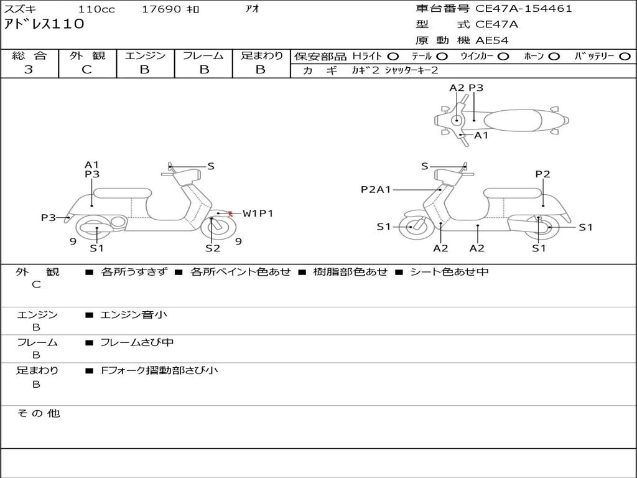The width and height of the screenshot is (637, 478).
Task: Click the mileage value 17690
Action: pyautogui.click(x=161, y=9)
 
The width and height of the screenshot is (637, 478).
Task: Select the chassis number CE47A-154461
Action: pyautogui.click(x=523, y=9)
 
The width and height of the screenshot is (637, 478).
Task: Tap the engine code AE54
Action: pyautogui.click(x=492, y=40)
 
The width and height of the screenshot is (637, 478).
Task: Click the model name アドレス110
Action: pyautogui.click(x=44, y=25)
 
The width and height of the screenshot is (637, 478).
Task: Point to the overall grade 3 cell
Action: pyautogui.click(x=29, y=70)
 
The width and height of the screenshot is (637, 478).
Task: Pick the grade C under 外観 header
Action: pyautogui.click(x=87, y=70)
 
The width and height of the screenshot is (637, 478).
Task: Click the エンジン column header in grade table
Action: pyautogui.click(x=145, y=55)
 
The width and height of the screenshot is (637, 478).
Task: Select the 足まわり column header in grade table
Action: pyautogui.click(x=261, y=55)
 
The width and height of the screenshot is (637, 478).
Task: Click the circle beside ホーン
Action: pyautogui.click(x=554, y=57)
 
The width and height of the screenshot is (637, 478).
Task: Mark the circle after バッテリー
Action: pyautogui.click(x=625, y=57)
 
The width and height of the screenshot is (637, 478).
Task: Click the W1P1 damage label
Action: pyautogui.click(x=258, y=213)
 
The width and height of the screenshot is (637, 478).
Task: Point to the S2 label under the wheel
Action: pyautogui.click(x=213, y=248)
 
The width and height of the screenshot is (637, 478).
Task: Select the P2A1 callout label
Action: pyautogui.click(x=376, y=189)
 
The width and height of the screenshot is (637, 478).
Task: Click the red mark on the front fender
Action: pyautogui.click(x=231, y=213)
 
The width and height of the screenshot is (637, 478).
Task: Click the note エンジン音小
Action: pyautogui.click(x=134, y=315)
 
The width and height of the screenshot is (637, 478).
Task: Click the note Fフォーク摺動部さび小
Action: pyautogui.click(x=159, y=370)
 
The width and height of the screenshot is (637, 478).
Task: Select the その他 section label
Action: pyautogui.click(x=38, y=413)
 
